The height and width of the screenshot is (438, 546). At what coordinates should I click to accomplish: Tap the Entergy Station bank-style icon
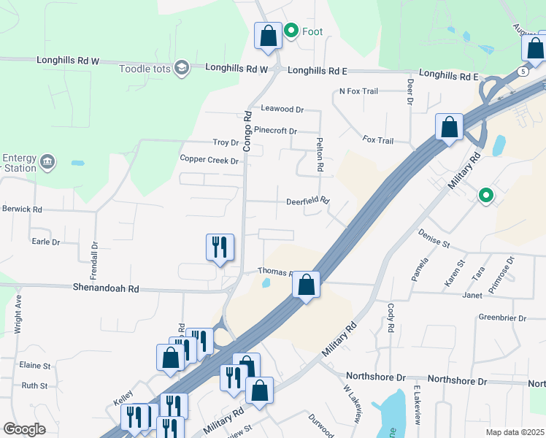[x=47, y=161]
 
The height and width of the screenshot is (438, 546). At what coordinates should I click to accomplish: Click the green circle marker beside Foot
[x=291, y=31]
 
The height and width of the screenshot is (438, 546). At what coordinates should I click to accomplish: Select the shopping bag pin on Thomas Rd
[x=307, y=284]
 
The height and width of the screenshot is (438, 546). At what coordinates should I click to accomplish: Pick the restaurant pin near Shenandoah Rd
[x=220, y=247]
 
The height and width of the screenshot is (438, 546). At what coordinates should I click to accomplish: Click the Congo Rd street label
[x=247, y=131]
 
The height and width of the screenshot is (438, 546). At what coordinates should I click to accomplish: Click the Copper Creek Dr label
[x=209, y=160]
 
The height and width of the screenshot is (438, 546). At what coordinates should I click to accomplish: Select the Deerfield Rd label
[x=308, y=201]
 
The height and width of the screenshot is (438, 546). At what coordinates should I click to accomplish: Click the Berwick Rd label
[x=22, y=209]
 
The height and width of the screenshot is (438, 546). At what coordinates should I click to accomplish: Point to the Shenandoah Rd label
[x=105, y=289]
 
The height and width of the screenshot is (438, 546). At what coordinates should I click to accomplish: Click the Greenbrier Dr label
[x=502, y=317]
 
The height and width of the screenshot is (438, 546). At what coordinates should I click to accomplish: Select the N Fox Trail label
[x=358, y=91]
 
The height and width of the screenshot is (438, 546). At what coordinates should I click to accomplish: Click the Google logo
[x=24, y=429]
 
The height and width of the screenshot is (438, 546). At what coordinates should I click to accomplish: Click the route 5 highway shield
[x=523, y=72]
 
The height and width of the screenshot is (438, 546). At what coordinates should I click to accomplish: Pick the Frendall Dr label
[x=94, y=256]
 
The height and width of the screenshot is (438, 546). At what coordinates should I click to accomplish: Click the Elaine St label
[x=35, y=365]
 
